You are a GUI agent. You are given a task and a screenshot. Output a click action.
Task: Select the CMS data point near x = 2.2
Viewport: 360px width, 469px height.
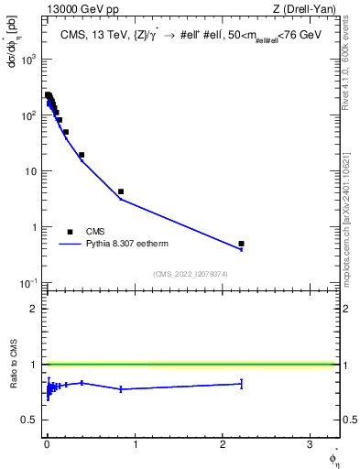[241, 244]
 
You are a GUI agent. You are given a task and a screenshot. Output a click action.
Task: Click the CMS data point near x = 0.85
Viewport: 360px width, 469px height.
[121, 191]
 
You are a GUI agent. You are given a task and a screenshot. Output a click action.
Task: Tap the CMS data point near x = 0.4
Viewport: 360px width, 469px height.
[82, 155]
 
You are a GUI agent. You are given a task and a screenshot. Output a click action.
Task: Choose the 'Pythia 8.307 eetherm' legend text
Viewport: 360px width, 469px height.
[127, 245]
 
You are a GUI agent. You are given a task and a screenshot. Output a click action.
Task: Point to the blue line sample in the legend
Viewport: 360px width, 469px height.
[70, 245]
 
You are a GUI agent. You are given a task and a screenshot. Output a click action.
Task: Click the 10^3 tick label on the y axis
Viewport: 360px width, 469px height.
[29, 59]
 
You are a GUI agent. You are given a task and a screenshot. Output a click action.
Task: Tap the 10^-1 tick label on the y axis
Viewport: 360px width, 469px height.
[28, 283]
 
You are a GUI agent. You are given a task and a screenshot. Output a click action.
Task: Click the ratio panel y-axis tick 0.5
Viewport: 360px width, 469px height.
[30, 420]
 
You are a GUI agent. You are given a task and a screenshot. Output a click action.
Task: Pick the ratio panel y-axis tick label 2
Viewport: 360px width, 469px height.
[35, 308]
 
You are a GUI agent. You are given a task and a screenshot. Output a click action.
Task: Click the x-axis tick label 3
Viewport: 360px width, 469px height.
[310, 443]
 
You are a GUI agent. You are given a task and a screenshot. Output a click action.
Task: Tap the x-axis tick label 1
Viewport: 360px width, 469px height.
[135, 443]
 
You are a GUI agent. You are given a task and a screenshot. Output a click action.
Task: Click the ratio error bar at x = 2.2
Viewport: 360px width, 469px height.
[241, 384]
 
